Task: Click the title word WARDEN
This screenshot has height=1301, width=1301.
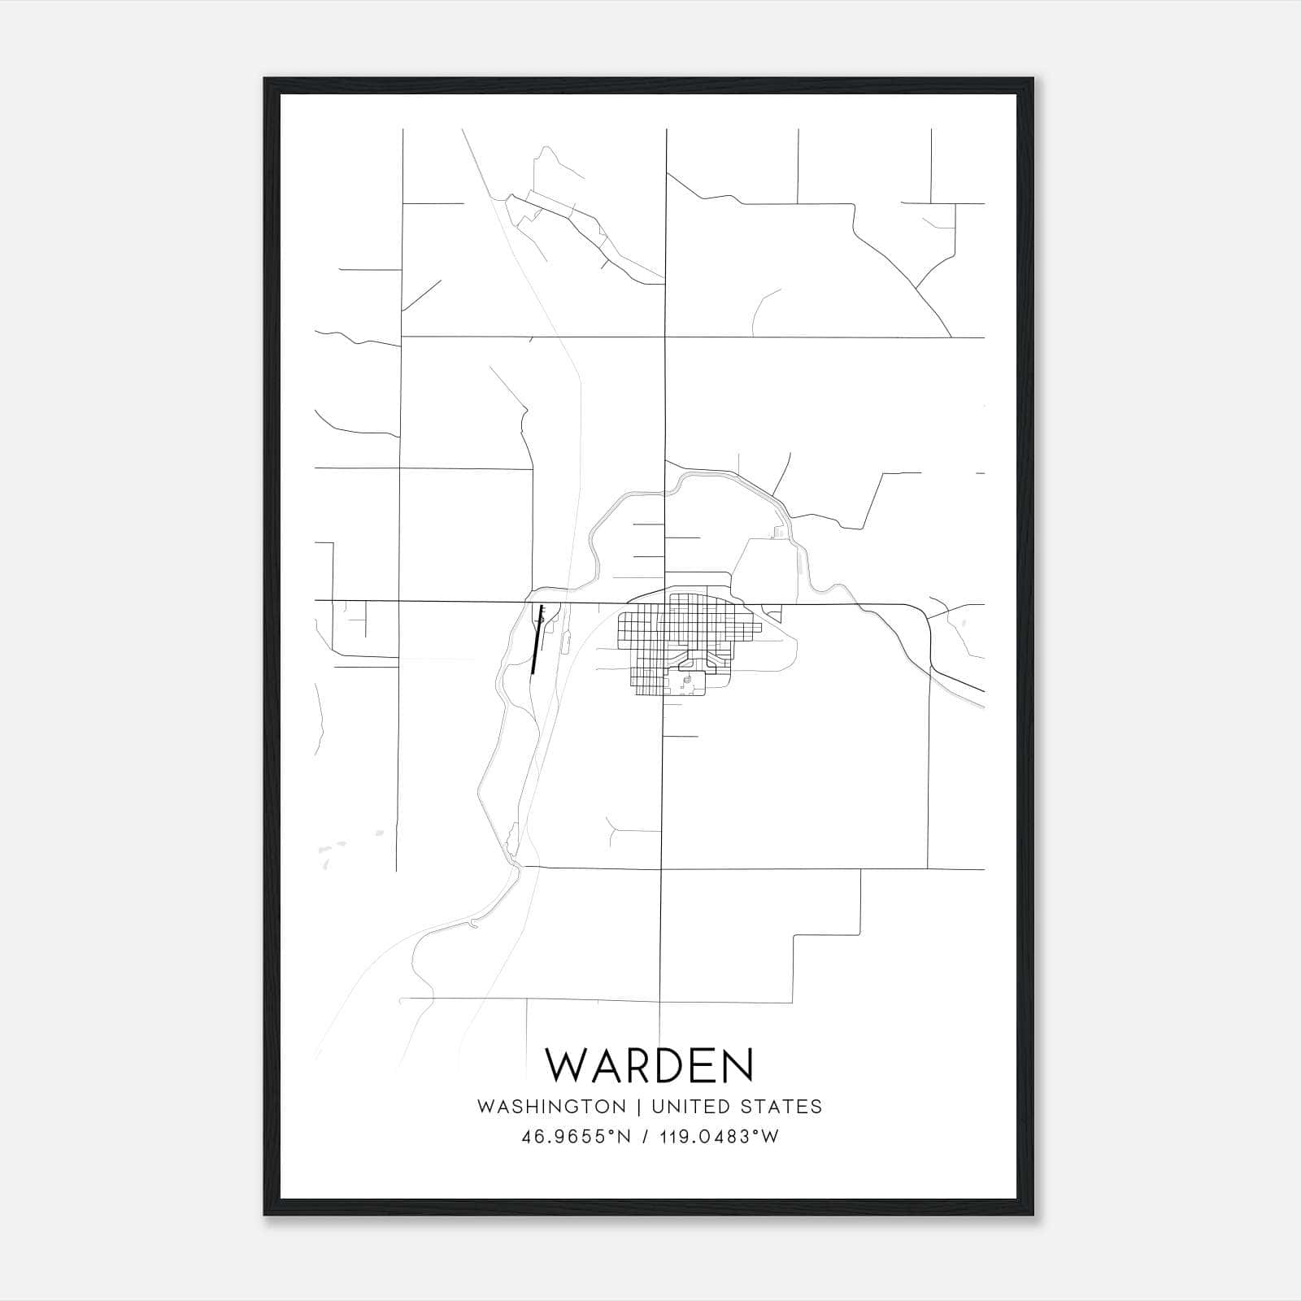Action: tap(650, 1066)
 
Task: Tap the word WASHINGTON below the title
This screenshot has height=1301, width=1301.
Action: tap(551, 1107)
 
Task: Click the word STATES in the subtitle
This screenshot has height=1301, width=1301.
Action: tap(781, 1107)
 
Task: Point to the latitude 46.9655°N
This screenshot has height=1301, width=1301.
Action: tap(577, 1137)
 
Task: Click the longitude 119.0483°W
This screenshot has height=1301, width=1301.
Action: tap(720, 1137)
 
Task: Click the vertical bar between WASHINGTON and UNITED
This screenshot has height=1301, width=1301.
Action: tap(639, 1107)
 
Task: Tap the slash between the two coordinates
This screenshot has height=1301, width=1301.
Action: tap(646, 1137)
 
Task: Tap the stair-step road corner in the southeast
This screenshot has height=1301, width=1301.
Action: tap(860, 934)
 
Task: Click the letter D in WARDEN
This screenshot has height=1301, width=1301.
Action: tap(664, 1066)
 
